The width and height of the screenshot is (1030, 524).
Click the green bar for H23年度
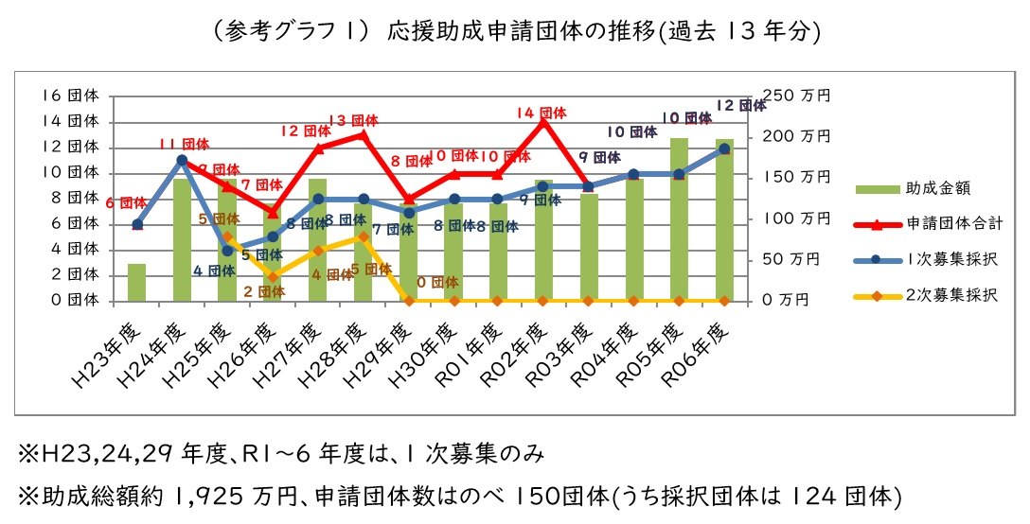tap(137, 282)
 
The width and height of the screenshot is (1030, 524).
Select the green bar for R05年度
tap(679, 219)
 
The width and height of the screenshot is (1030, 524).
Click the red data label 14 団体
tap(542, 113)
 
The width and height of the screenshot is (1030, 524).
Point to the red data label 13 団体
tap(353, 120)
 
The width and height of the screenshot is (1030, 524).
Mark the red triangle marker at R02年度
tap(542, 122)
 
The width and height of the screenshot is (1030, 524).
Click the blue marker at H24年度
tap(182, 160)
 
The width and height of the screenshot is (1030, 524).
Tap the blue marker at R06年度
tap(724, 148)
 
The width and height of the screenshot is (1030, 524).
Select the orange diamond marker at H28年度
tap(364, 236)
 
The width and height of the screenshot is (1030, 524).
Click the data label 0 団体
tap(437, 282)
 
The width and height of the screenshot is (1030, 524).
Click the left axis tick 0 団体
tap(74, 300)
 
